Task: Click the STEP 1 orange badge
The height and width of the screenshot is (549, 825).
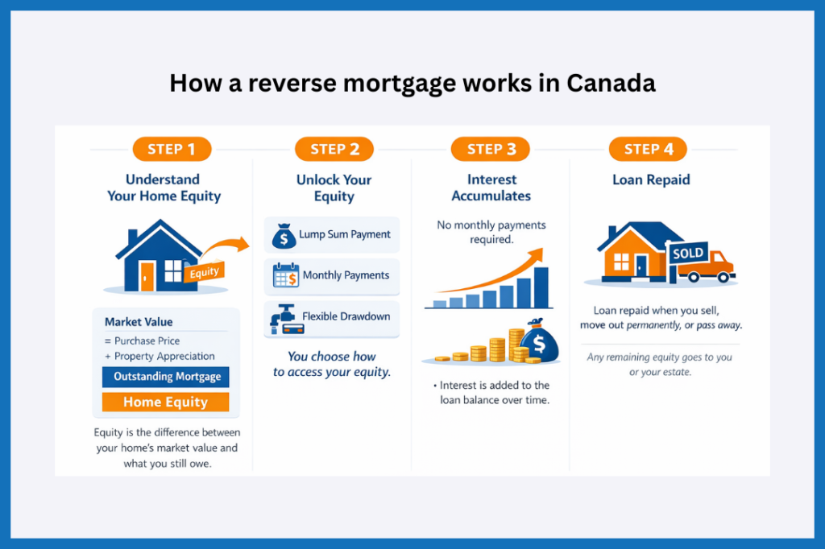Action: click(171, 149)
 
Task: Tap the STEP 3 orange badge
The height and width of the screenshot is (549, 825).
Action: click(490, 149)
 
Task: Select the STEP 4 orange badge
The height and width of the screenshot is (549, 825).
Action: click(648, 149)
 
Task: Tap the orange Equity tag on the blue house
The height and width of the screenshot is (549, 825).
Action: click(205, 272)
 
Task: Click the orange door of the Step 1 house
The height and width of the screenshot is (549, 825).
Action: click(147, 276)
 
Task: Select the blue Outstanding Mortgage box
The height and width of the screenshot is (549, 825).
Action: click(166, 377)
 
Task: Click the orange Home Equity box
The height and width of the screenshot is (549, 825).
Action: click(166, 402)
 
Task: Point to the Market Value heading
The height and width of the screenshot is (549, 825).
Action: click(139, 322)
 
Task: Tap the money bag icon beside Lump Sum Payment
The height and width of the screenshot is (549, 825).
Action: click(284, 236)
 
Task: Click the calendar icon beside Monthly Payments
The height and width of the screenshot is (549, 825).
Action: click(285, 276)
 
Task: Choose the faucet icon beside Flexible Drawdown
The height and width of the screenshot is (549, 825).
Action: click(284, 319)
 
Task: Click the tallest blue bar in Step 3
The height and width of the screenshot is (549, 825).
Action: click(541, 287)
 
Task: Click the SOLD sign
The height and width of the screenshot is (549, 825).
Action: click(687, 254)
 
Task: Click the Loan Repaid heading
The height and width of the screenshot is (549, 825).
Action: click(651, 180)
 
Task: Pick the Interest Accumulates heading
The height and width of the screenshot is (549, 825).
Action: click(491, 188)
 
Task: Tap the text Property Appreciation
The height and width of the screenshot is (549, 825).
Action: click(164, 356)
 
